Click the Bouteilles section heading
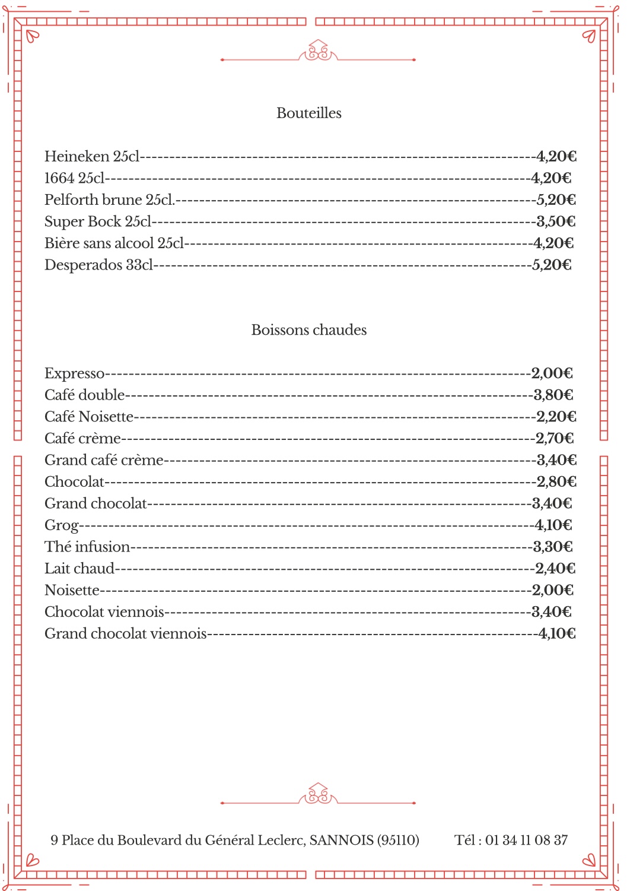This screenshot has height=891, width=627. [308, 113]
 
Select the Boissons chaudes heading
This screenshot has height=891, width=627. [308, 329]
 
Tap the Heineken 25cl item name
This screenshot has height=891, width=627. [92, 156]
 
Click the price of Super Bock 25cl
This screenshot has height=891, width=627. [556, 221]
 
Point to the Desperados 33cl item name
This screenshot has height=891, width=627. [98, 265]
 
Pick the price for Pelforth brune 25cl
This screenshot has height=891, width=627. [556, 199]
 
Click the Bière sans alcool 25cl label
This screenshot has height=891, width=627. [114, 243]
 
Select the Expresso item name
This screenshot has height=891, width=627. [74, 373]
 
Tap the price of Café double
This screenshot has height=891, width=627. [553, 395]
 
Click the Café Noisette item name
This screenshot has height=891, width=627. [89, 417]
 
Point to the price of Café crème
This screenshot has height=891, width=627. [555, 438]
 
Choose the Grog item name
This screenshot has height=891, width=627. [62, 525]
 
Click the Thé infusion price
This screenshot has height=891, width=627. [553, 547]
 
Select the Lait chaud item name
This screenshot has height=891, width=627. [79, 569]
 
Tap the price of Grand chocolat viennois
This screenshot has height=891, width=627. [557, 633]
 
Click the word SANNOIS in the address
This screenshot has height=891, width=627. [341, 840]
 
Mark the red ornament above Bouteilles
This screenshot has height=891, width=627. [318, 52]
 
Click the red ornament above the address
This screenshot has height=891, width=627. [318, 795]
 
